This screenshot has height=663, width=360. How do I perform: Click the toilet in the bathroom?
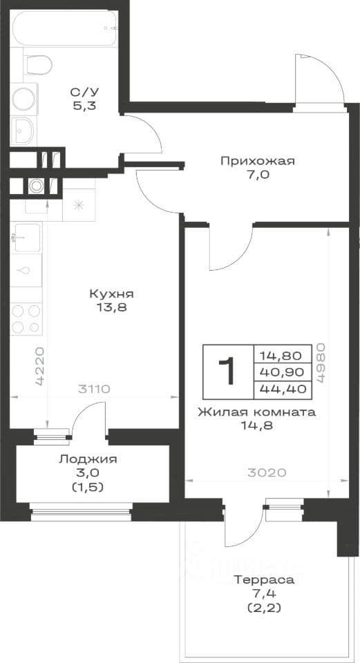(37, 65)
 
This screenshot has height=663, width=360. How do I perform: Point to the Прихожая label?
(257, 161)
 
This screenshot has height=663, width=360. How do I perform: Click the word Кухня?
(111, 294)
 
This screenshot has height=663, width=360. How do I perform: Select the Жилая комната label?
(257, 412)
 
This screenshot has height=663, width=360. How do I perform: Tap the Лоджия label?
(88, 459)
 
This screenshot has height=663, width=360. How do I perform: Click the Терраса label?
(264, 579)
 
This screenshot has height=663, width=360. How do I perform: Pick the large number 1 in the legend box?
(227, 371)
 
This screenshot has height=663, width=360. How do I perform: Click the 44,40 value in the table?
(283, 389)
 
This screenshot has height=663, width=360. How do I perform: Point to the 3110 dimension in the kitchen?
(93, 388)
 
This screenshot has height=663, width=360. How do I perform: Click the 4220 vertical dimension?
(40, 366)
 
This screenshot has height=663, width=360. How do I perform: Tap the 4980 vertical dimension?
(320, 363)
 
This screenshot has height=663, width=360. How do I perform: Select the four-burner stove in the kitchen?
(26, 319)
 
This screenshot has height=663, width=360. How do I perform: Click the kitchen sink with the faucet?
(26, 238)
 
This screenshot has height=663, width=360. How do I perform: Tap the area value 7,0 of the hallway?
(257, 175)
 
